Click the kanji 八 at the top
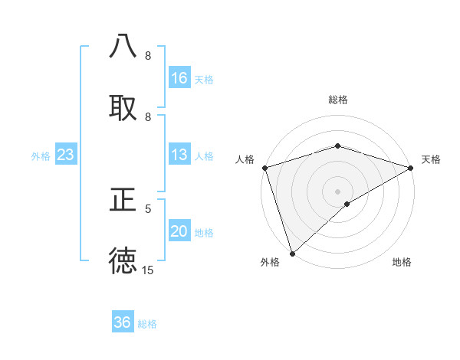pyautogui.click(x=123, y=46)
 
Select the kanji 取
pyautogui.click(x=123, y=107)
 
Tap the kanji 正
pyautogui.click(x=123, y=200)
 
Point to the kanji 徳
pyautogui.click(x=123, y=261)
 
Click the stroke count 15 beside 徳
pyautogui.click(x=147, y=270)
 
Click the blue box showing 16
pyautogui.click(x=179, y=78)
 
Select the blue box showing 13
pyautogui.click(x=179, y=155)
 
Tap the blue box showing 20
pyautogui.click(x=179, y=232)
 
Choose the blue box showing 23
pyautogui.click(x=66, y=155)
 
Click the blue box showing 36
pyautogui.click(x=123, y=322)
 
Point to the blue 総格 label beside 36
pyautogui.click(x=147, y=324)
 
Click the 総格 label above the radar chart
pyautogui.click(x=337, y=100)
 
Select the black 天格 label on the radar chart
pyautogui.click(x=432, y=159)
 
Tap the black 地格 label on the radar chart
pyautogui.click(x=402, y=263)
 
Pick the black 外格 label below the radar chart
pyautogui.click(x=270, y=263)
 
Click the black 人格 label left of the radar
pyautogui.click(x=245, y=159)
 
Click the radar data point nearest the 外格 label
pyautogui.click(x=292, y=253)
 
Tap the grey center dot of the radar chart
pyautogui.click(x=337, y=191)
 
